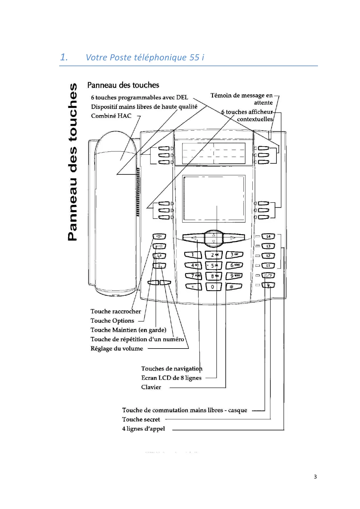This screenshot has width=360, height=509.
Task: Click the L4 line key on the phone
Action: tap(268, 237)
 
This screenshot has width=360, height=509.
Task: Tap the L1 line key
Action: tap(268, 266)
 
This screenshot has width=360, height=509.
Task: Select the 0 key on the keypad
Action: tap(213, 287)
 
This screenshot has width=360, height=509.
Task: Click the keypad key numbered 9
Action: tap(234, 276)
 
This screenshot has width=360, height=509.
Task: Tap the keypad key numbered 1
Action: tap(193, 255)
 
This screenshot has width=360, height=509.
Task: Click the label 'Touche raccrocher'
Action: tap(115, 311)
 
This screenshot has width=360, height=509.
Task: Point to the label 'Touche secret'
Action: tap(141, 419)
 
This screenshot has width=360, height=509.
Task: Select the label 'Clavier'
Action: tap(151, 387)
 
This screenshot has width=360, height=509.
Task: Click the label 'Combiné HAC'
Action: tap(111, 116)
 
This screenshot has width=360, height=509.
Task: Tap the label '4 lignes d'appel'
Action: tap(143, 429)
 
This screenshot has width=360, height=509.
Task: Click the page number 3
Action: tap(315, 476)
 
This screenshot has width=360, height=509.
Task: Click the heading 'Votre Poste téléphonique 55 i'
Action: tap(145, 57)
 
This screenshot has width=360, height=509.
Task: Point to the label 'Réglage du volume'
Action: tap(117, 349)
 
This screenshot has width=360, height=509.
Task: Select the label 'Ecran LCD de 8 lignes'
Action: tap(171, 378)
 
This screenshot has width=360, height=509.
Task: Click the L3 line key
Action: tap(268, 246)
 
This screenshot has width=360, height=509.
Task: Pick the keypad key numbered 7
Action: tap(193, 276)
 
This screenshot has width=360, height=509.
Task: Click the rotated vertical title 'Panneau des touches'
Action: tap(73, 162)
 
